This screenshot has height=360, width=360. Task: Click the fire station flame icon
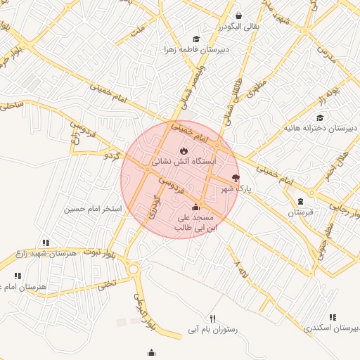click(x=184, y=150)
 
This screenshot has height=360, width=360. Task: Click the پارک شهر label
click(x=236, y=189)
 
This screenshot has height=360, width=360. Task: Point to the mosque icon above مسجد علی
click(x=195, y=207)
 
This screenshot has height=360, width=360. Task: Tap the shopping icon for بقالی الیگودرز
click(x=239, y=15)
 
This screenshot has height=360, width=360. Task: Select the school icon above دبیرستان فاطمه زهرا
click(x=196, y=39)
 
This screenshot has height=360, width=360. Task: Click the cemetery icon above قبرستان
click(x=301, y=201)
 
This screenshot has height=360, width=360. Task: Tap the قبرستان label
click(x=300, y=212)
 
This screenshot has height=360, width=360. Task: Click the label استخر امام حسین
click(x=93, y=209)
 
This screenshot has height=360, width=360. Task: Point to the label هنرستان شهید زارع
click(x=45, y=253)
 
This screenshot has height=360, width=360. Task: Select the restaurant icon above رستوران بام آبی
click(x=213, y=319)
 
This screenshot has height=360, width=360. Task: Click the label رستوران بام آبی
click(x=212, y=329)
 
